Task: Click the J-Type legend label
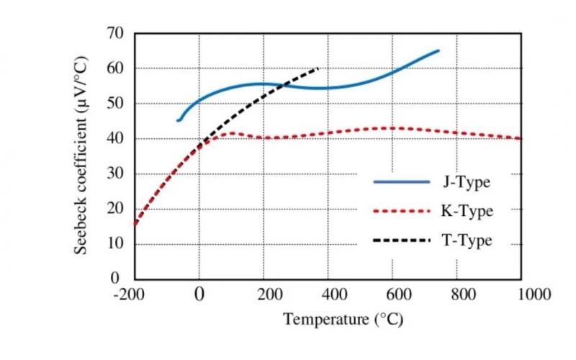click(x=465, y=182)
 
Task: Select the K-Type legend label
click(x=467, y=211)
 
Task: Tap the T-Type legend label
click(x=466, y=240)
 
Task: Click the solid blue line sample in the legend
click(x=401, y=182)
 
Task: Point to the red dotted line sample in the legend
click(x=401, y=211)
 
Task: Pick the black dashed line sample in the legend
click(x=401, y=240)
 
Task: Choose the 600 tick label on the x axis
click(x=394, y=294)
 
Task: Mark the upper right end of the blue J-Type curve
click(x=438, y=51)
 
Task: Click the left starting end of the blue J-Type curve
click(x=178, y=120)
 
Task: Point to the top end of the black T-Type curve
click(x=318, y=68)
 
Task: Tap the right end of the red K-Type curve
click(x=521, y=138)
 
